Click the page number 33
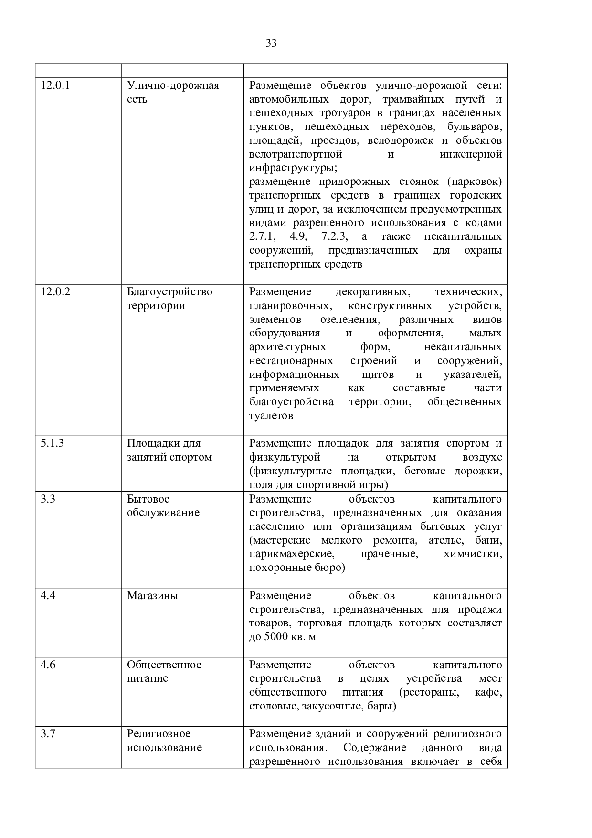coord(271,43)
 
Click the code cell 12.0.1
coord(55,86)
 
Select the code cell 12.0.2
coord(55,292)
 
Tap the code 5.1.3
coord(53,443)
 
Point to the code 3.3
coord(48,499)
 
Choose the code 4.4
coord(48,596)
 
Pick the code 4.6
coord(48,665)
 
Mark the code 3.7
coord(48,734)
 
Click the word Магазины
coord(152,596)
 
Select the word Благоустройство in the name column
coord(169,292)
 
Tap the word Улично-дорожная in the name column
coord(173,86)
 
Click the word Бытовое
coord(148,499)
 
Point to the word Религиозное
coord(159,734)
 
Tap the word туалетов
coord(271,416)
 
